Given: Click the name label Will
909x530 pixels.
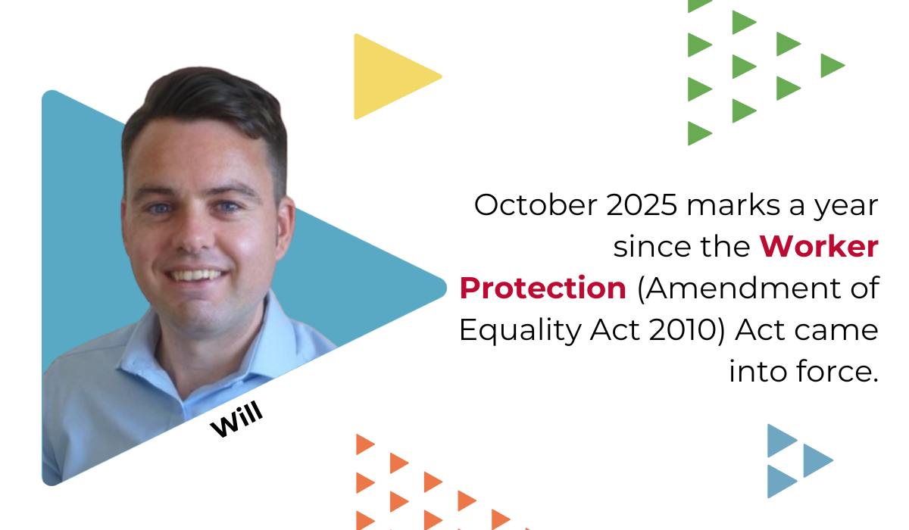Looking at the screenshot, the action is [236, 419].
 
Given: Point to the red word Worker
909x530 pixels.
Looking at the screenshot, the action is [820, 247].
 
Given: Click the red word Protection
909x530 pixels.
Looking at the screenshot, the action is [543, 288].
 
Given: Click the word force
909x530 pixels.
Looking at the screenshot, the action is [837, 371].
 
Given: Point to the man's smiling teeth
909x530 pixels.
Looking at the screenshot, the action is [196, 276].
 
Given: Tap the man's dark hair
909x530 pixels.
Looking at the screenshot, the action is [207, 105].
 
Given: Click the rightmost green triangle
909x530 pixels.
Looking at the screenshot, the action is [832, 65].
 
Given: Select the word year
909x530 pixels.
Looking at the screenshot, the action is [845, 207].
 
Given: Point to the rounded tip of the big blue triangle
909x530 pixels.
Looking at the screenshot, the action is [445, 288].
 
